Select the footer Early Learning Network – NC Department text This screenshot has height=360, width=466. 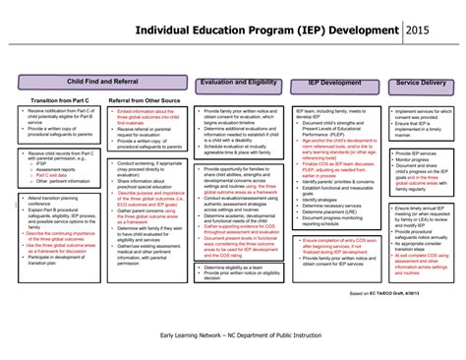tap(232, 336)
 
